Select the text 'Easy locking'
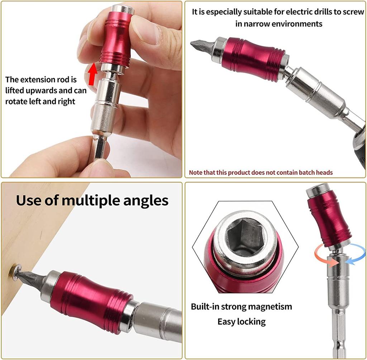click(x=242, y=321)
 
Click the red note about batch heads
click(x=261, y=172)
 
